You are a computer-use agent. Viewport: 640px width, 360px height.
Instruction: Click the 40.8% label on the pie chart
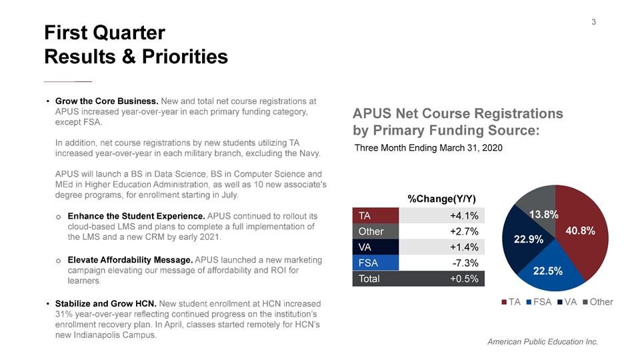[x=580, y=231]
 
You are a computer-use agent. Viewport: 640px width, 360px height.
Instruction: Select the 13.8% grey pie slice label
[x=544, y=215]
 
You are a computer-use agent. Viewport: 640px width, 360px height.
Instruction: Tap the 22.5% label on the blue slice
[x=548, y=271]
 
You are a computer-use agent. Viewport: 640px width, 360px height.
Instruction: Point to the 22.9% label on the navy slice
[x=528, y=239]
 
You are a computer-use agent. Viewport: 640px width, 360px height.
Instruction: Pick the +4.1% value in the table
[x=464, y=215]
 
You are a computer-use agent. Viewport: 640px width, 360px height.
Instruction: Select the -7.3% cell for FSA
[x=465, y=263]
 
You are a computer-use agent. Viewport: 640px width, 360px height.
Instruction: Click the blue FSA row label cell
[x=375, y=263]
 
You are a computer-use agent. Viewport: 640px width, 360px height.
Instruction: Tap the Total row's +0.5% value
[x=464, y=279]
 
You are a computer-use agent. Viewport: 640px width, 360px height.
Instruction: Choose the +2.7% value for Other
[x=464, y=231]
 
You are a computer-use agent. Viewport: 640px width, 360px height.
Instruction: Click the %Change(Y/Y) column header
[x=441, y=199]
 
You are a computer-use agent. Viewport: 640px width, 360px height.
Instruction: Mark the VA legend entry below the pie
[x=567, y=302]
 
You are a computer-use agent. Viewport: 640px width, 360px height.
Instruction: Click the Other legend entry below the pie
[x=598, y=302]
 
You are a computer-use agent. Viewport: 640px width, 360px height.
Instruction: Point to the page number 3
[x=593, y=22]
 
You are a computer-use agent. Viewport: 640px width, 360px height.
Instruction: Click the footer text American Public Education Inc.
[x=543, y=341]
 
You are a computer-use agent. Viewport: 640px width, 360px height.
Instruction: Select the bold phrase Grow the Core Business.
[x=107, y=101]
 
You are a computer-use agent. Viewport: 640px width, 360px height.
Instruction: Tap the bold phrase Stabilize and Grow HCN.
[x=106, y=304]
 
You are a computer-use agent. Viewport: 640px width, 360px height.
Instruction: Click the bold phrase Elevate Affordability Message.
[x=130, y=260]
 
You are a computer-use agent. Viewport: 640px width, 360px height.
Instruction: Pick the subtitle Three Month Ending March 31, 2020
[x=428, y=148]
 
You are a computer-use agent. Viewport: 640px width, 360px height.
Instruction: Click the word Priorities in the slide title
[x=185, y=56]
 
